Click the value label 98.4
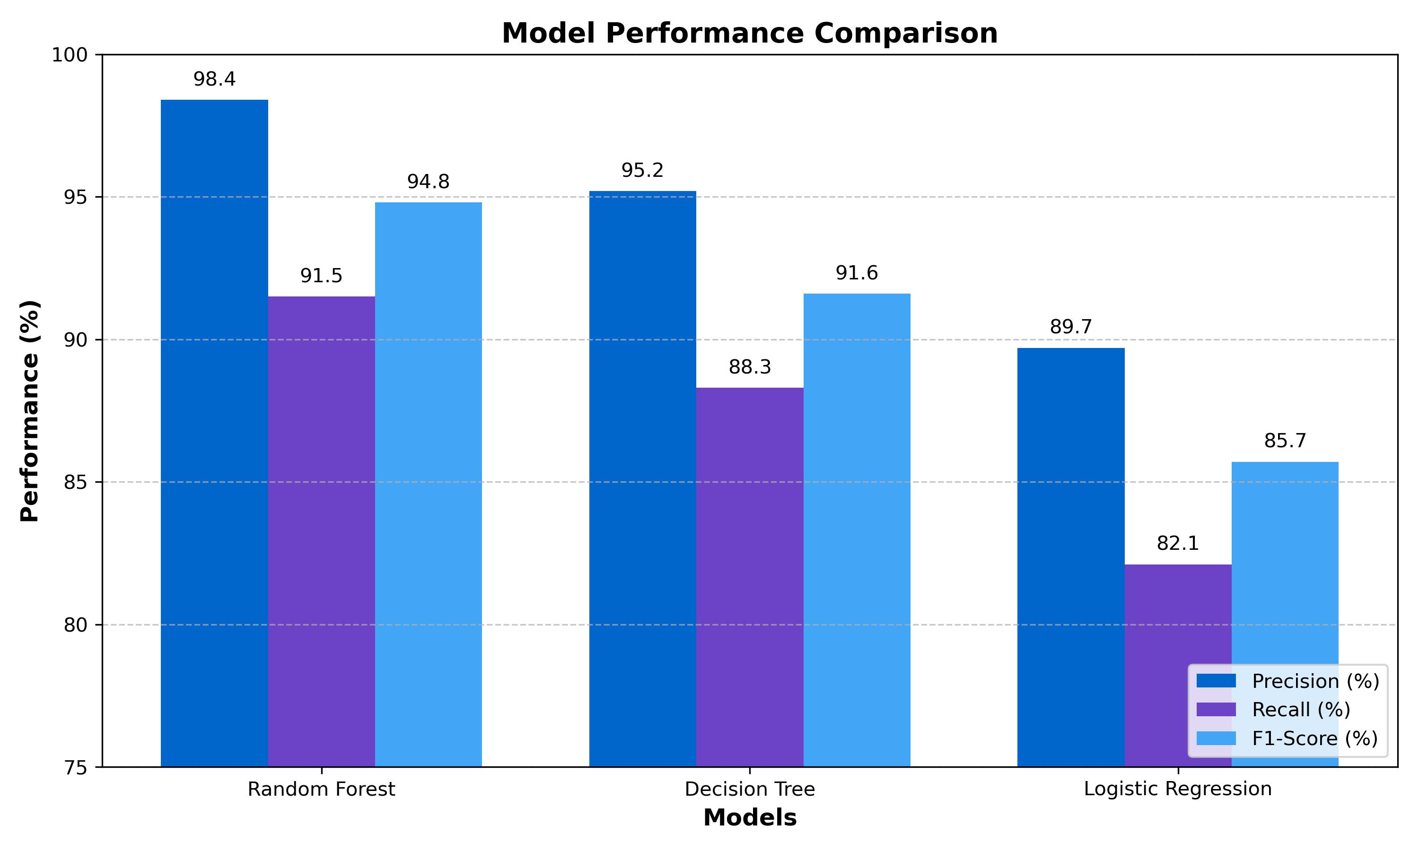point(214,79)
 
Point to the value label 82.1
point(1177,543)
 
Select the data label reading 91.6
point(856,273)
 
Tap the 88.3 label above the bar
point(749,367)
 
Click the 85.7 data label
point(1285,441)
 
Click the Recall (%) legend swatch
point(1216,710)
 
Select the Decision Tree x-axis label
point(749,790)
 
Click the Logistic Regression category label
point(1177,790)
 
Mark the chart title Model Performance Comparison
point(749,33)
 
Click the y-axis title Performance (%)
point(30,410)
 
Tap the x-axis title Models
point(749,818)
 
